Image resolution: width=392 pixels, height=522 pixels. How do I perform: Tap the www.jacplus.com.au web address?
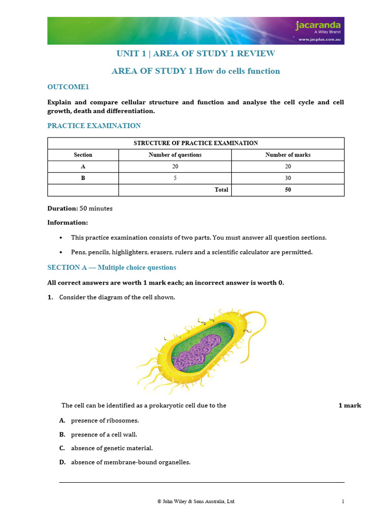pyautogui.click(x=320, y=39)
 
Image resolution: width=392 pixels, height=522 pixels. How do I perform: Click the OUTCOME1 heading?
pyautogui.click(x=68, y=87)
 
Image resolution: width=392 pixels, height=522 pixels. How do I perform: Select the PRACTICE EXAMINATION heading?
pyautogui.click(x=94, y=125)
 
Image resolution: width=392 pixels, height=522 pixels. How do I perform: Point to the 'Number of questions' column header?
pyautogui.click(x=175, y=155)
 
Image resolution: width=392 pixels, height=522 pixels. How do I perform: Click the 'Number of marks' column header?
pyautogui.click(x=288, y=155)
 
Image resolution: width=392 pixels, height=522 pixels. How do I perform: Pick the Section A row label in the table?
pyautogui.click(x=83, y=167)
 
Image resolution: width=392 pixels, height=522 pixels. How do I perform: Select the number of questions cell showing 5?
pyautogui.click(x=175, y=178)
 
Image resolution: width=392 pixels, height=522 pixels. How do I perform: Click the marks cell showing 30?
pyautogui.click(x=288, y=178)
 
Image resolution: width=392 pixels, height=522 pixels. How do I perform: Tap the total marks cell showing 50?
pyautogui.click(x=288, y=190)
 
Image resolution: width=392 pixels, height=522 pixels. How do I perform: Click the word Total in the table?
pyautogui.click(x=221, y=190)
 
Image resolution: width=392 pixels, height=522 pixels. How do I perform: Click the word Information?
pyautogui.click(x=67, y=222)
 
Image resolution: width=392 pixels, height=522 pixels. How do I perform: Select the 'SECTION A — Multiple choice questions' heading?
pyautogui.click(x=112, y=268)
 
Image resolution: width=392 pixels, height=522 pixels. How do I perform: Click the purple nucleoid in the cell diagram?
pyautogui.click(x=196, y=352)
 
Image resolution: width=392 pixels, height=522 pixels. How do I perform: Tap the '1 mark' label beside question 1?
pyautogui.click(x=350, y=406)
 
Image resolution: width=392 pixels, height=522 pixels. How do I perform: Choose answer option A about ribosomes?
pyautogui.click(x=105, y=421)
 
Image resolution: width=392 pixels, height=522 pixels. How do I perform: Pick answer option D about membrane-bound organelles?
pyautogui.click(x=130, y=462)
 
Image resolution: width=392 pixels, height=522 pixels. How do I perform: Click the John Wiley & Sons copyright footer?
pyautogui.click(x=196, y=502)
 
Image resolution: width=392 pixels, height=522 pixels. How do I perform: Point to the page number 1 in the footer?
pyautogui.click(x=343, y=502)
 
